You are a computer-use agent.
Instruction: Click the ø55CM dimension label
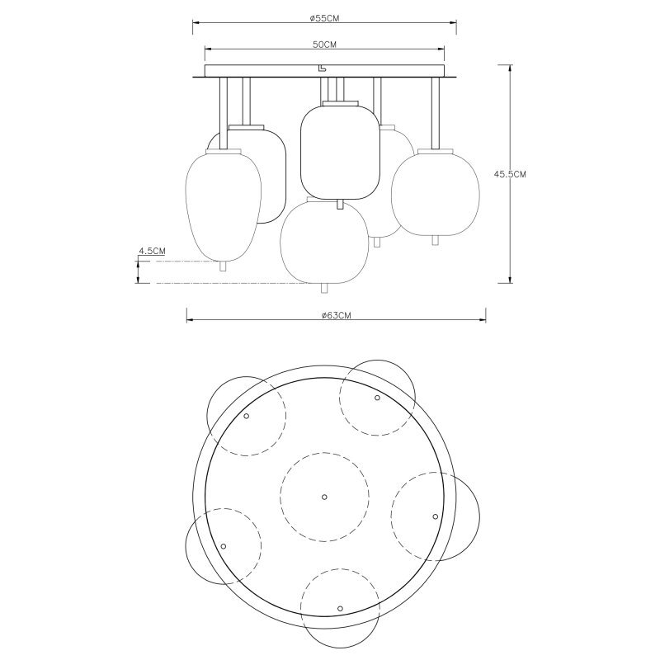point(323,17)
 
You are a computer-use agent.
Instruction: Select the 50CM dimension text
point(324,45)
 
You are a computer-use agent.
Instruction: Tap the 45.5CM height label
point(510,174)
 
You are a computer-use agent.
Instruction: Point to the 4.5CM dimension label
point(152,252)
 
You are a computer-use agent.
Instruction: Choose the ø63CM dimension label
point(336,316)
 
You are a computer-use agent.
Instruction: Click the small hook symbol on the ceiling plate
point(322,68)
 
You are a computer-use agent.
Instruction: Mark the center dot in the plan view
point(324,497)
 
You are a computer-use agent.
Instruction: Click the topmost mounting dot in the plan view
point(377,398)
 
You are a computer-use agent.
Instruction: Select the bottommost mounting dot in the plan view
point(340,608)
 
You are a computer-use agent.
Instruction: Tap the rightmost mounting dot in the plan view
point(436,516)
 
